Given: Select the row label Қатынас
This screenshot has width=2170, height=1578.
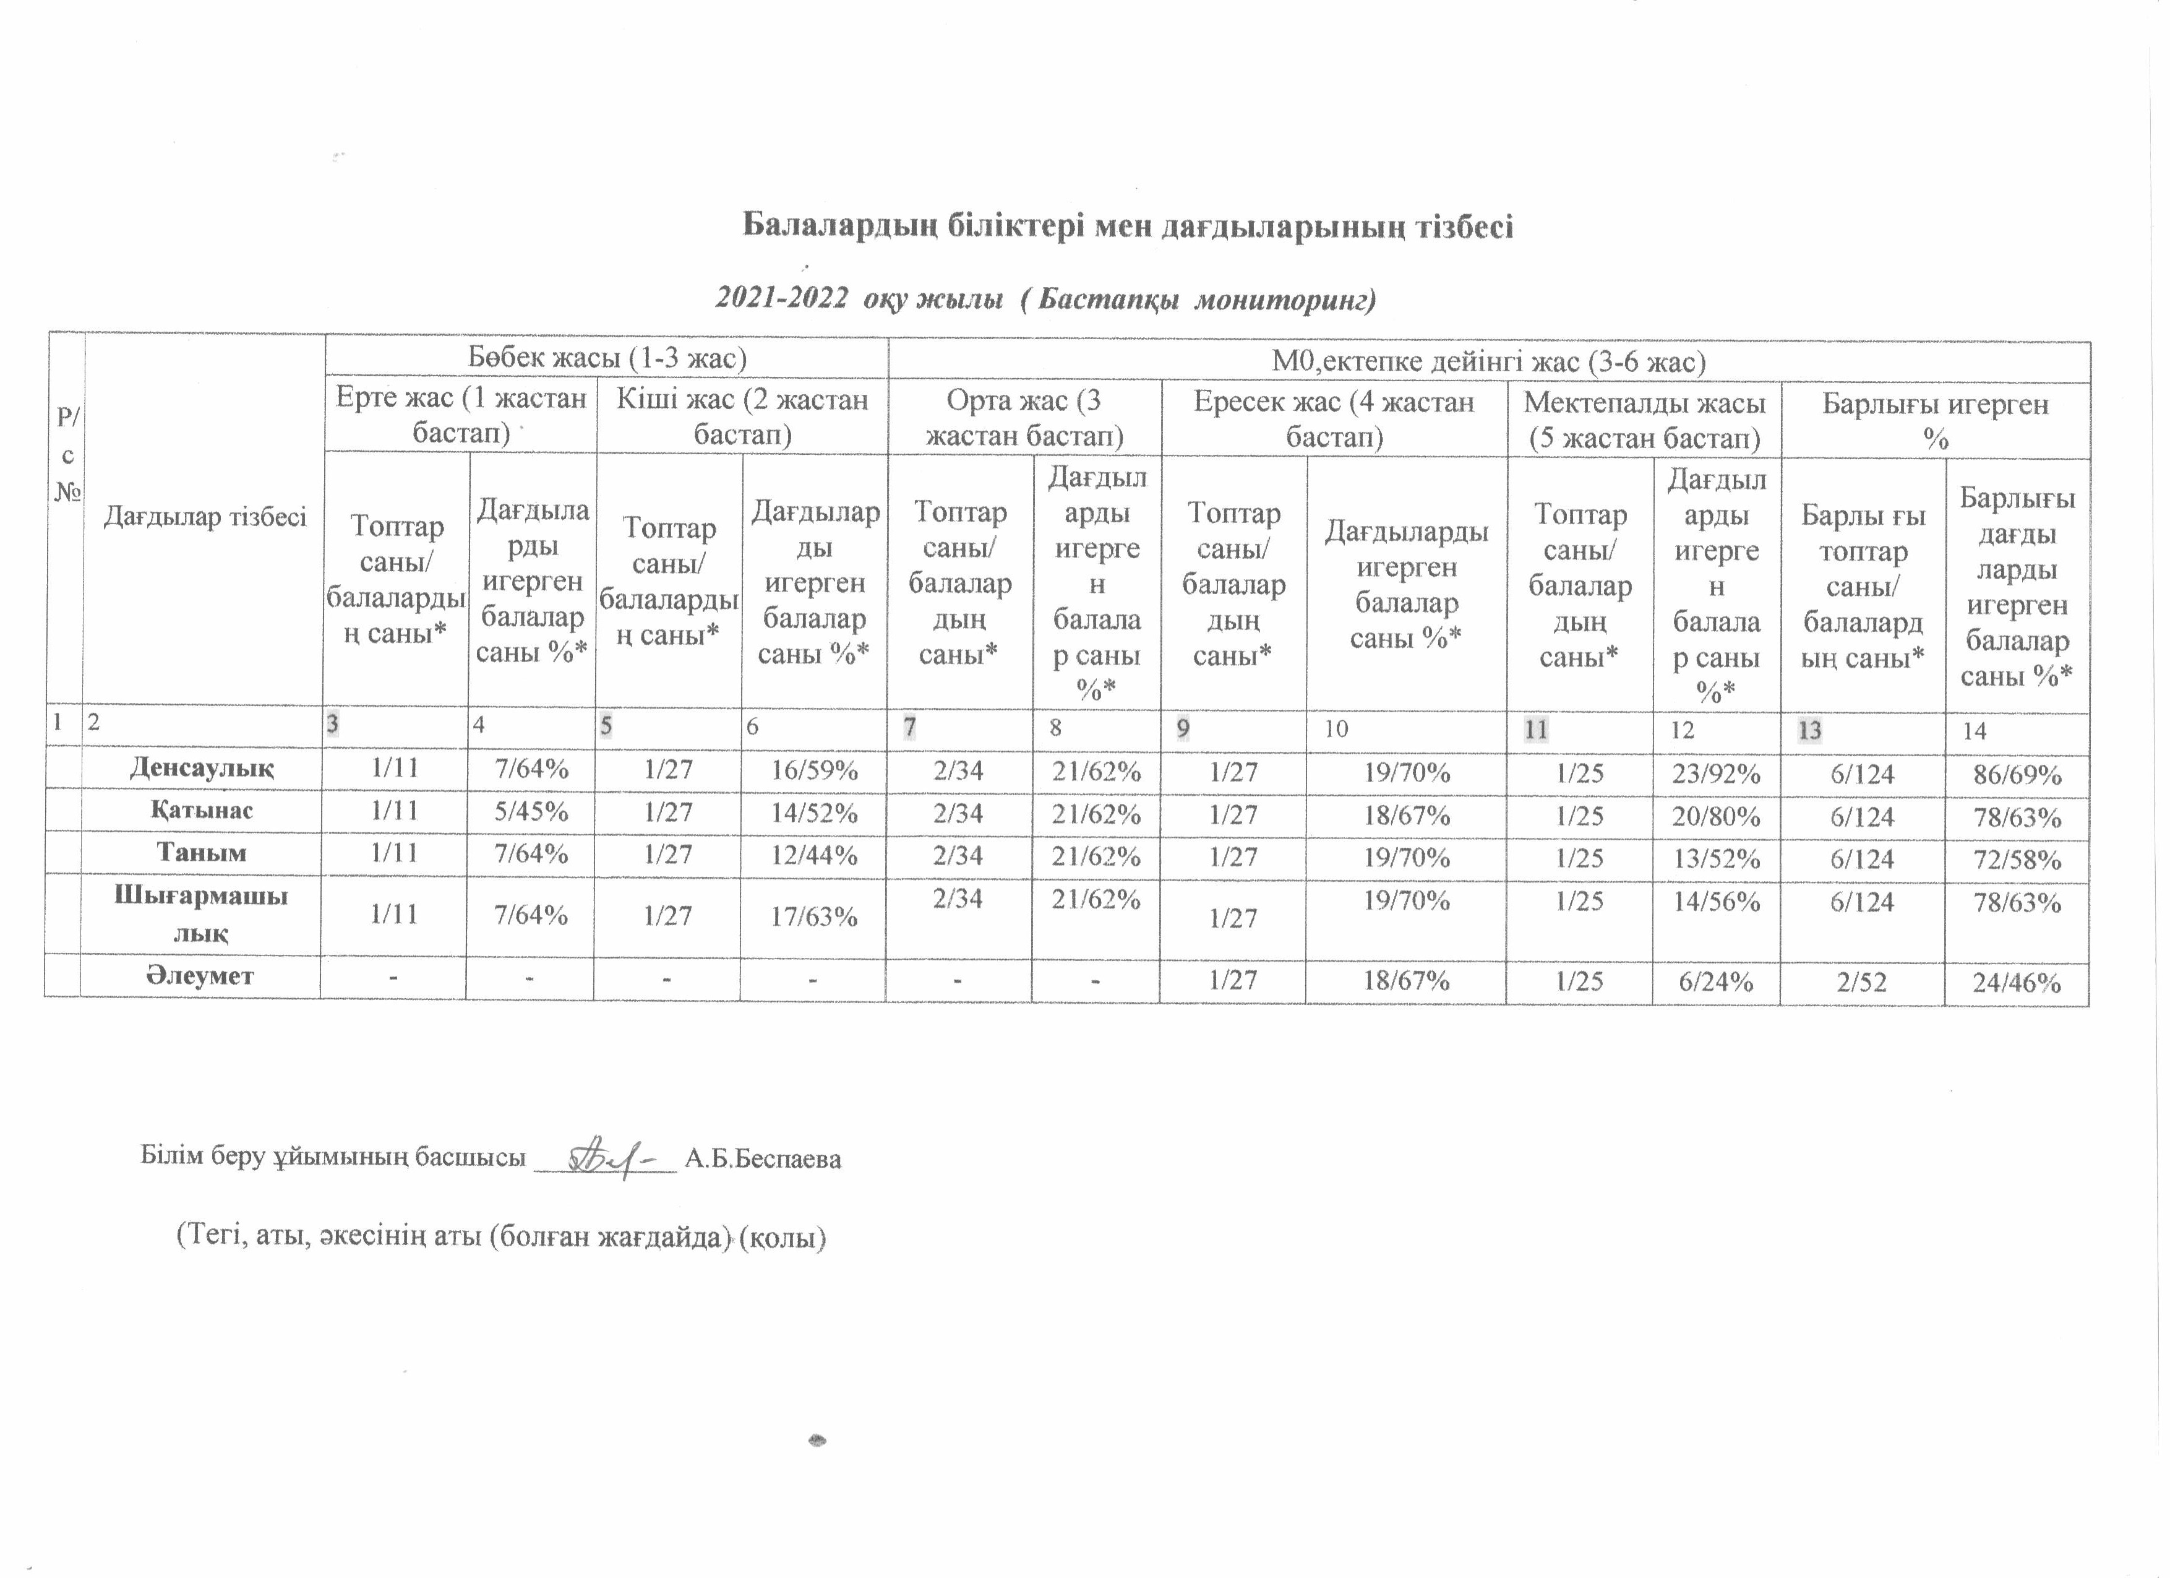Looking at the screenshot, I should (202, 811).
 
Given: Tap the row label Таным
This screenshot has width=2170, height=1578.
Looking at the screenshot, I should (202, 853).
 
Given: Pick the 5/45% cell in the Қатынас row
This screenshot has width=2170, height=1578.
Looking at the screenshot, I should (531, 811).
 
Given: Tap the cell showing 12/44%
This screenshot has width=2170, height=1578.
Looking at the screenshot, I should (813, 855).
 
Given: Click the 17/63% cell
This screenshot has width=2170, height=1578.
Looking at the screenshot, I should (813, 916).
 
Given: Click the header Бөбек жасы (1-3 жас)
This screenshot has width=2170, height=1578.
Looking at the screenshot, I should (607, 358).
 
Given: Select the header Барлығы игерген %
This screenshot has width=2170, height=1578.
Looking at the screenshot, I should (1935, 421).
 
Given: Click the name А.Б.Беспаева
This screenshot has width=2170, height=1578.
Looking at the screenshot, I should (763, 1160).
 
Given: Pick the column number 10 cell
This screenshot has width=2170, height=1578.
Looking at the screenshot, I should (1336, 729).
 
